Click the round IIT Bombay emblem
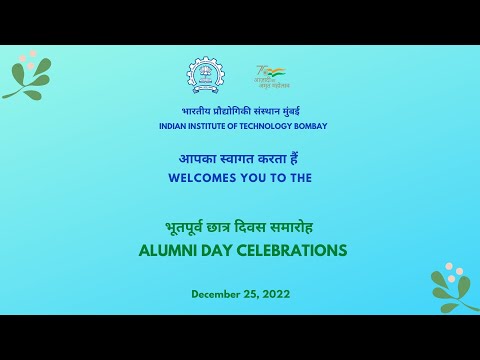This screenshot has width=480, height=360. (207, 76)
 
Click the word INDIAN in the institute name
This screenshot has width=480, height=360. (174, 127)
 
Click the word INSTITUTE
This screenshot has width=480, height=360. (213, 127)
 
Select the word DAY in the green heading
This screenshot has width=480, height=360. (214, 249)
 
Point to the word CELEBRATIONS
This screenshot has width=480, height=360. (291, 249)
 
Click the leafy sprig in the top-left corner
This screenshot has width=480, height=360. (27, 74)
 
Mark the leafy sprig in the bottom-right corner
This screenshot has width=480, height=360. (453, 288)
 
